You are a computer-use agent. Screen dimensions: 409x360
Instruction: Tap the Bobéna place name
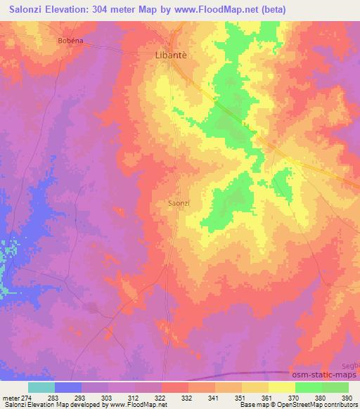70,41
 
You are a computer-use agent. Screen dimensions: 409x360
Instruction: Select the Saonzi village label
179,203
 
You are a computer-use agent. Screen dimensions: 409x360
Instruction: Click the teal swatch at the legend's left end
41,387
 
